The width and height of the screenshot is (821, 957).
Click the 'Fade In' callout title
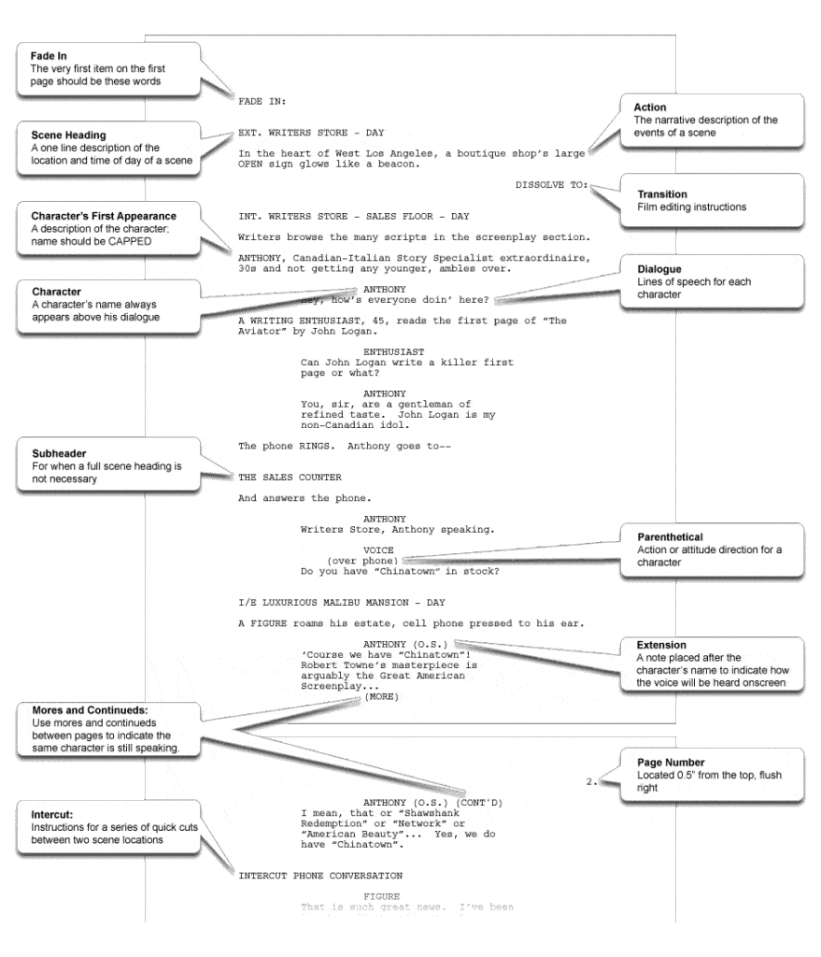(x=49, y=56)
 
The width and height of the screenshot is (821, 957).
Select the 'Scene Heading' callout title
(x=68, y=136)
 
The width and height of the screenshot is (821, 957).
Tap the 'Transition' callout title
(x=662, y=194)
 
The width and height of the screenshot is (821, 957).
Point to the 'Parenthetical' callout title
(x=670, y=537)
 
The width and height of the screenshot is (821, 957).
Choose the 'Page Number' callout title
(x=671, y=763)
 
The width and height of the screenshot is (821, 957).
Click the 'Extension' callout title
(x=661, y=645)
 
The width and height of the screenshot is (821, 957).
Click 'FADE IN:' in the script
(x=262, y=100)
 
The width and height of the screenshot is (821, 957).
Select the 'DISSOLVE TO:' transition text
(x=552, y=185)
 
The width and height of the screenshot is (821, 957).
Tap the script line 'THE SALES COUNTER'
(x=290, y=478)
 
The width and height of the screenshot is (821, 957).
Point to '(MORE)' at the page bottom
(x=381, y=696)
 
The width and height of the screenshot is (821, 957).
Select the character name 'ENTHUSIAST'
(x=388, y=351)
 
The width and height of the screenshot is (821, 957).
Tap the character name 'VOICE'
(x=378, y=550)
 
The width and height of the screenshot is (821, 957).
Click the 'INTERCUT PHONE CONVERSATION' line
(x=320, y=876)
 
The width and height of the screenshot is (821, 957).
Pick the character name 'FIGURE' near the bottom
(x=381, y=896)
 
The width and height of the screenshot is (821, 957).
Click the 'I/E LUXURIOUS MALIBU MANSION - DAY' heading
(x=342, y=602)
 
